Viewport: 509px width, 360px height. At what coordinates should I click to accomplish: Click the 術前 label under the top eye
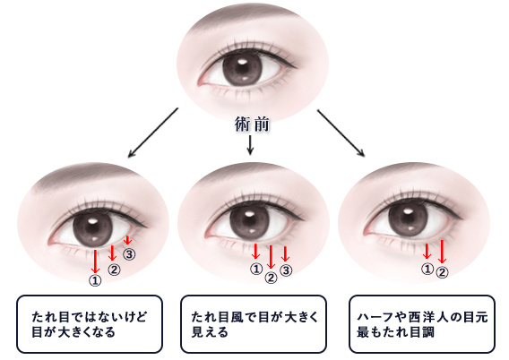(252, 124)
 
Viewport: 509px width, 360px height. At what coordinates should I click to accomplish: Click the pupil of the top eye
(242, 68)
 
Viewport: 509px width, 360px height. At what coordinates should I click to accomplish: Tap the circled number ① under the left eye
(95, 281)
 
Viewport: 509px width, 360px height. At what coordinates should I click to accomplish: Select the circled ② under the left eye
(114, 270)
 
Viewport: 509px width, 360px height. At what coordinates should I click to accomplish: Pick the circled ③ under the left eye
(129, 254)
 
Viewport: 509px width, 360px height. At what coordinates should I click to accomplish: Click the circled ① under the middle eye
(256, 269)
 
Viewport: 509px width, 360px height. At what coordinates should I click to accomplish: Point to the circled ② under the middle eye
(271, 278)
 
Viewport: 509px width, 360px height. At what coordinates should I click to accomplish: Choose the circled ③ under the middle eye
(286, 270)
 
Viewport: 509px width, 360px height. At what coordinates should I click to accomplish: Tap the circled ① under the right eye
(427, 269)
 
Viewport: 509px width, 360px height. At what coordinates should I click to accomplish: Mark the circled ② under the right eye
(442, 272)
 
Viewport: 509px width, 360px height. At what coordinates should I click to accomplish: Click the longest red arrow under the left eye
(95, 261)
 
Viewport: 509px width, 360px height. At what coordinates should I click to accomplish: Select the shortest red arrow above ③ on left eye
(127, 240)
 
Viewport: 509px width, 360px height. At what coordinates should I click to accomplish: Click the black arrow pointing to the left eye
(153, 133)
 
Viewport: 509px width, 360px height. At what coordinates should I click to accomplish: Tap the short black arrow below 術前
(250, 145)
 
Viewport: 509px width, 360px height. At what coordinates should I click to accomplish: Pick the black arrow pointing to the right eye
(341, 133)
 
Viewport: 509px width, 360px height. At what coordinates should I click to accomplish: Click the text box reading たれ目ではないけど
(90, 324)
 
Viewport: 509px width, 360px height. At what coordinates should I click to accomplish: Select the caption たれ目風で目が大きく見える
(255, 324)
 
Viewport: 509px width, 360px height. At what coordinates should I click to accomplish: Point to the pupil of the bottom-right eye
(408, 219)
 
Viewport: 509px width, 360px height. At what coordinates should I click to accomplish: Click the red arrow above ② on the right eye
(442, 252)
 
